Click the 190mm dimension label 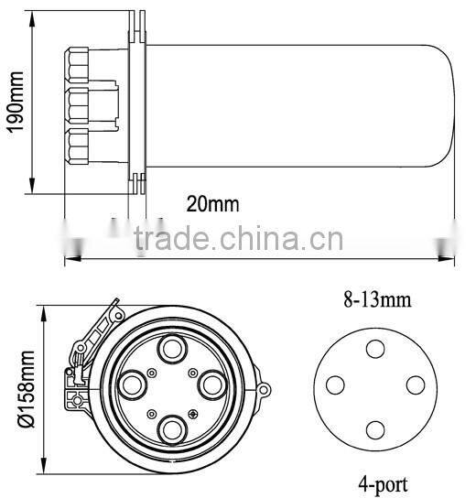(x=13, y=98)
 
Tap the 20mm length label (x=211, y=203)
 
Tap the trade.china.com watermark (x=237, y=241)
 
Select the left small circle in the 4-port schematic (x=336, y=384)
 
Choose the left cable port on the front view (x=132, y=384)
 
